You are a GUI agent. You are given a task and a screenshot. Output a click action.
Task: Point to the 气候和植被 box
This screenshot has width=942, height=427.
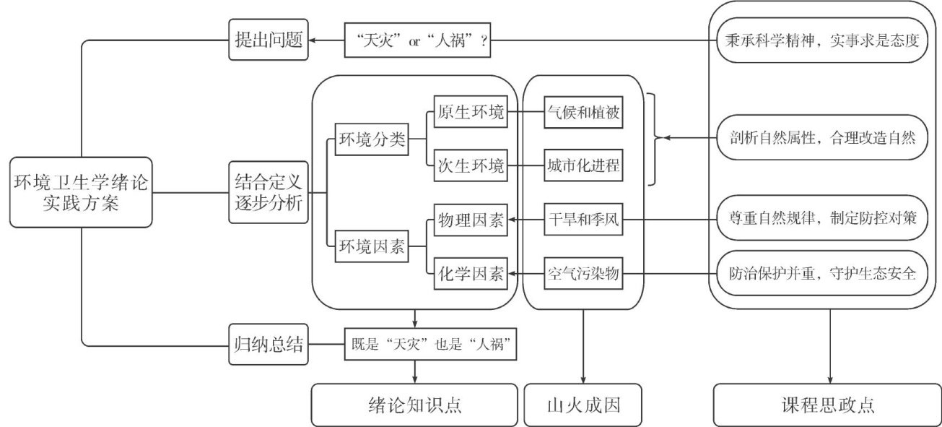tap(582, 113)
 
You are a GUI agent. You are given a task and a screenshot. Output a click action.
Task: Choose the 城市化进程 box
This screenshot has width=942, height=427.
tap(582, 167)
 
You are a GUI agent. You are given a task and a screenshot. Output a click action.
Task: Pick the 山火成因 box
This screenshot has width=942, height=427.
tap(582, 405)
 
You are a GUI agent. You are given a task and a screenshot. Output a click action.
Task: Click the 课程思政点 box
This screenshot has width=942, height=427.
tap(828, 405)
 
